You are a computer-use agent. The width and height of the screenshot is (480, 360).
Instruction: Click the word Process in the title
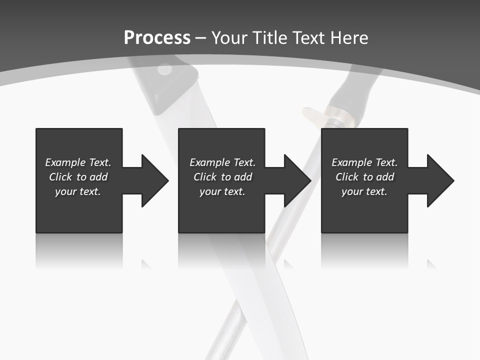[157, 38]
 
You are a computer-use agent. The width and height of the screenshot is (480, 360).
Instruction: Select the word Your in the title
[229, 38]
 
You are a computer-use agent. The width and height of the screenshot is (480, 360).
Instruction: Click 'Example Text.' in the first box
[78, 162]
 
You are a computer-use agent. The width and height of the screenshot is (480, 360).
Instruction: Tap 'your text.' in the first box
[78, 191]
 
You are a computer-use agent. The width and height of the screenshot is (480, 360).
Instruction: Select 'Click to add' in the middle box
[222, 177]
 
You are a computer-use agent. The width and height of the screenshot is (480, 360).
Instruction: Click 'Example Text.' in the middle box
[222, 162]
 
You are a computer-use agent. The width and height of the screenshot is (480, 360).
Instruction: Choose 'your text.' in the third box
[364, 191]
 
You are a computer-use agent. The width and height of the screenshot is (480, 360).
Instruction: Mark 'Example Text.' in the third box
[364, 162]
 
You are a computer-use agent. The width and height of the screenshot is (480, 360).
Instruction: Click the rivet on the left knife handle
[164, 70]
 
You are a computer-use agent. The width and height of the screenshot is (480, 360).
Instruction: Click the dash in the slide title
[201, 38]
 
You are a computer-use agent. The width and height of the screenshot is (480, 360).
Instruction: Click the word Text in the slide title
[308, 38]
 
